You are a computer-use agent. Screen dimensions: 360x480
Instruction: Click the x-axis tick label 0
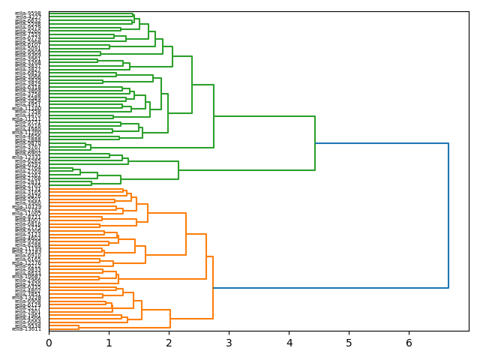click(49, 343)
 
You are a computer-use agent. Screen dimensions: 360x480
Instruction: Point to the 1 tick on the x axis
click(109, 343)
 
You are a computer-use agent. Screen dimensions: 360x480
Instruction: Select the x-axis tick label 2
click(169, 343)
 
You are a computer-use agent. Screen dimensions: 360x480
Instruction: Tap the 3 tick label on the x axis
click(229, 343)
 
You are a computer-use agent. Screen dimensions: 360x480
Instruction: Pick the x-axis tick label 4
click(289, 343)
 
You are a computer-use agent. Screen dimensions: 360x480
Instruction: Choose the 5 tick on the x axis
click(349, 343)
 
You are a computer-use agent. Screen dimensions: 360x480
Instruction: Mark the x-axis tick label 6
click(409, 343)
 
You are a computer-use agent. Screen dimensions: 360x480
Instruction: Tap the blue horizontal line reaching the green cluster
click(382, 143)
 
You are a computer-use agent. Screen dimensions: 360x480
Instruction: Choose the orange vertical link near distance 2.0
click(170, 319)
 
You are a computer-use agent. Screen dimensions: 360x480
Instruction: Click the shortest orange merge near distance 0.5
click(79, 328)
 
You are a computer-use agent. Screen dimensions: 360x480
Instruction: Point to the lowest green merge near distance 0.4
click(73, 169)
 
